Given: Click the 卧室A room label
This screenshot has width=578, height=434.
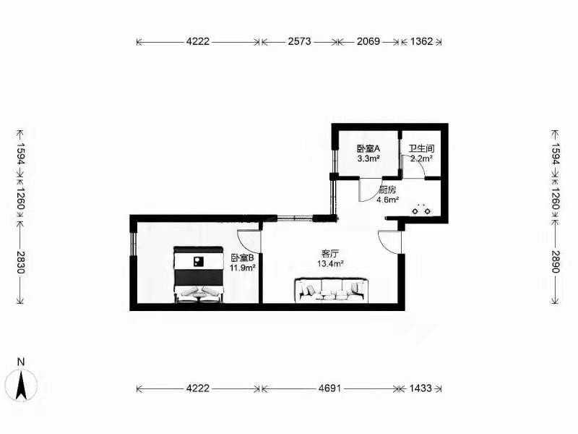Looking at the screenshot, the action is [x=368, y=149].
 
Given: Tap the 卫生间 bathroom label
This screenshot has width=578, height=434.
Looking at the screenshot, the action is [x=421, y=149].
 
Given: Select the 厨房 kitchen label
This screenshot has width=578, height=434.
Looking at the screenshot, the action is [x=387, y=190].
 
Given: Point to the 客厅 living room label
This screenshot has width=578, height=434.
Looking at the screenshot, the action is [x=330, y=254].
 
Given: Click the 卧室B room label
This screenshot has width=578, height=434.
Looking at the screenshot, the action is [x=243, y=258].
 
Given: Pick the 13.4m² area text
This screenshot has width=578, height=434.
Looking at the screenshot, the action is [x=330, y=263].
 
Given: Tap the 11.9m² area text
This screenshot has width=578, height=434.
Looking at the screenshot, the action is [x=243, y=268].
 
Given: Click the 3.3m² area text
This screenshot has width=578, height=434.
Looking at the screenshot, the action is [x=368, y=158].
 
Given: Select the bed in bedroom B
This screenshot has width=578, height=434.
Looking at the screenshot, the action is [x=199, y=275].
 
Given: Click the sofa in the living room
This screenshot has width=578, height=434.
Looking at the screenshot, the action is [x=332, y=290].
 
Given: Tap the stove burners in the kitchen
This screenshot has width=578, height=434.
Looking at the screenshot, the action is [x=421, y=210].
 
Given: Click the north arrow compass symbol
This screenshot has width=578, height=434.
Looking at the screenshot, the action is [x=22, y=385].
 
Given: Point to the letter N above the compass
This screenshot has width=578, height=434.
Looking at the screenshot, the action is [x=21, y=362].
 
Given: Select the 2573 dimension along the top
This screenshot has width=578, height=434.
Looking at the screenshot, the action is [x=299, y=41].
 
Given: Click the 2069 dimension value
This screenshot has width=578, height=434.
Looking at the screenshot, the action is [x=368, y=41].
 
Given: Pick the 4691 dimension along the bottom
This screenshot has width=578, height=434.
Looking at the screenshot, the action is [x=330, y=388].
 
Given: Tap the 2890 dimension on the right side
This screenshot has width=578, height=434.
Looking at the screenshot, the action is [x=556, y=261].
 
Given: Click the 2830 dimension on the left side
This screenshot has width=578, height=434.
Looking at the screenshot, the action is [x=21, y=262].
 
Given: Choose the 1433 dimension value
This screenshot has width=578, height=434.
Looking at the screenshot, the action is [x=420, y=388].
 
